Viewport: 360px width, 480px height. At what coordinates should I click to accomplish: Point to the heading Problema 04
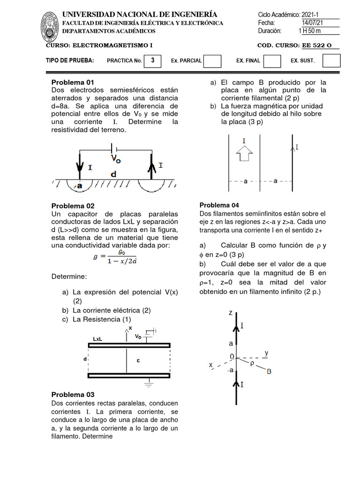click(x=219, y=205)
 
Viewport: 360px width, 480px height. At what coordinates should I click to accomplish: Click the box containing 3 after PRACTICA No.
click(x=153, y=60)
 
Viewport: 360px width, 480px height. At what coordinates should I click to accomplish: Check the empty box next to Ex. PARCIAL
click(x=213, y=61)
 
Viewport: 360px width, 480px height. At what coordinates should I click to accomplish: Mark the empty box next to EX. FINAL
click(x=272, y=61)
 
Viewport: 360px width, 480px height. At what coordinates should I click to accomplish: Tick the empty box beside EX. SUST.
click(x=331, y=61)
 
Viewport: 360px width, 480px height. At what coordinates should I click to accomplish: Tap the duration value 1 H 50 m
click(x=310, y=31)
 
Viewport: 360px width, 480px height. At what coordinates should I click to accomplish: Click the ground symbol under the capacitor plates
click(x=150, y=385)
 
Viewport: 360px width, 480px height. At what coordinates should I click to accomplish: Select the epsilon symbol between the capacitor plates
click(x=138, y=360)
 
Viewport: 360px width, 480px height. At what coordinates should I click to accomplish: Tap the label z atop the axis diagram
click(x=230, y=313)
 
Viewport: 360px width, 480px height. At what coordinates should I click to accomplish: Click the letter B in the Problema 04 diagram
click(x=269, y=372)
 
